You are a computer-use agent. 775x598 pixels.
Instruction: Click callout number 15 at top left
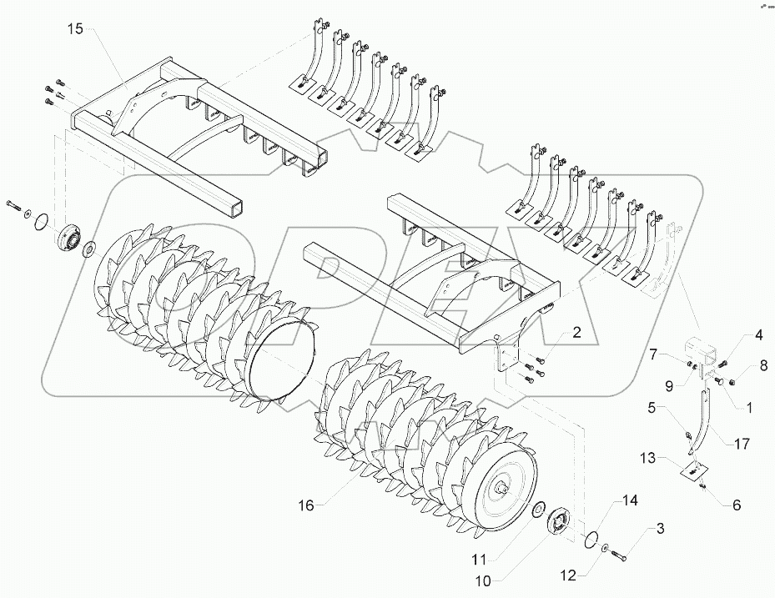[76, 29]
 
